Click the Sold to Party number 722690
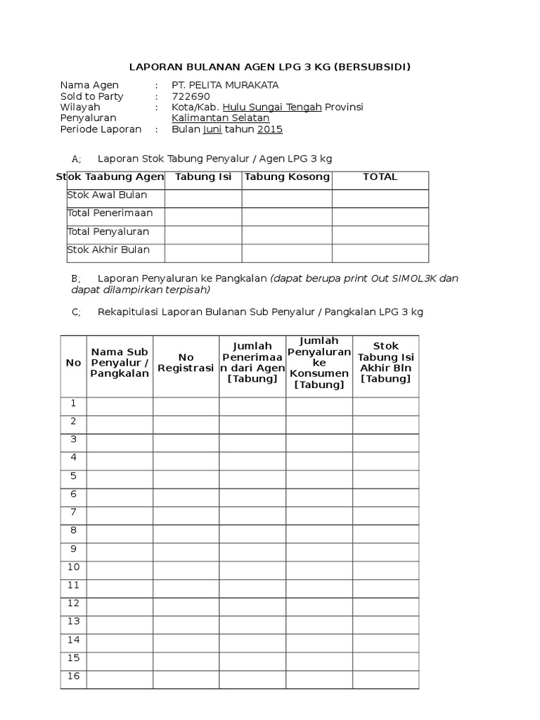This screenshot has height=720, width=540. click(191, 96)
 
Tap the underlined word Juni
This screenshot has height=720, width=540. click(212, 129)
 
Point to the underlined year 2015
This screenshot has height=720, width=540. click(270, 129)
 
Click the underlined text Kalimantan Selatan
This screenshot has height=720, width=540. click(221, 118)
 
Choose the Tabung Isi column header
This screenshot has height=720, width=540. click(203, 177)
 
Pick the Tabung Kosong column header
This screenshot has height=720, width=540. click(287, 177)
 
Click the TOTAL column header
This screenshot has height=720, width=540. click(380, 177)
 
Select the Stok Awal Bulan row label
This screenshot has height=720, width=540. click(107, 195)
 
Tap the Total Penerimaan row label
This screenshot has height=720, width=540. click(110, 213)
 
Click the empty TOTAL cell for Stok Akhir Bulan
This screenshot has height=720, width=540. click(380, 253)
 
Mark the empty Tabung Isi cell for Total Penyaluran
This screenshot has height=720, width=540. click(203, 235)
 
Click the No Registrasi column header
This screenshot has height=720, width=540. click(186, 363)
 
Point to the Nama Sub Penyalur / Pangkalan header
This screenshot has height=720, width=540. click(120, 363)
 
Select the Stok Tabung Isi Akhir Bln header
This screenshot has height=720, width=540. click(385, 362)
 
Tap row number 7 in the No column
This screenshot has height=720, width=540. click(73, 513)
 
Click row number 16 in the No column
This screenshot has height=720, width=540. click(73, 677)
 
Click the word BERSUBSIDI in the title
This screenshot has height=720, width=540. click(371, 67)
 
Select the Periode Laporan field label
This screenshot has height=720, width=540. click(101, 129)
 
